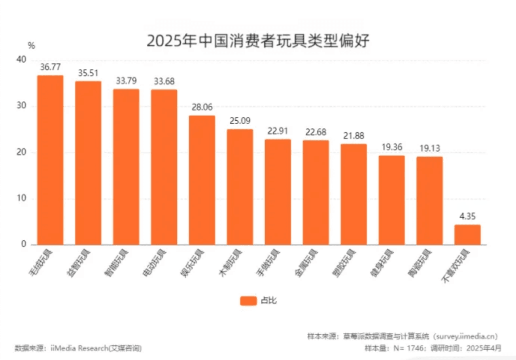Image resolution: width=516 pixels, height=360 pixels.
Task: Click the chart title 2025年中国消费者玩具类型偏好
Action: [x=258, y=41]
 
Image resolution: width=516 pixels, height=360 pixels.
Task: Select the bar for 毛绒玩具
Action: [x=50, y=160]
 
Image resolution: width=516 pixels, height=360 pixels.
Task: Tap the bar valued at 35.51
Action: [x=88, y=163]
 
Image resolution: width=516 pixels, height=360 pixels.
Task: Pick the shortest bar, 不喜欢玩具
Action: [x=467, y=235]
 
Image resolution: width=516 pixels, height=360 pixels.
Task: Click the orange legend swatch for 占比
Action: [x=248, y=301]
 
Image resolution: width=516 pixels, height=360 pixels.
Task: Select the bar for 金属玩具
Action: [x=316, y=193]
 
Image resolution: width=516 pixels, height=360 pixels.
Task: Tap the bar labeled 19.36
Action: [x=391, y=200]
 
